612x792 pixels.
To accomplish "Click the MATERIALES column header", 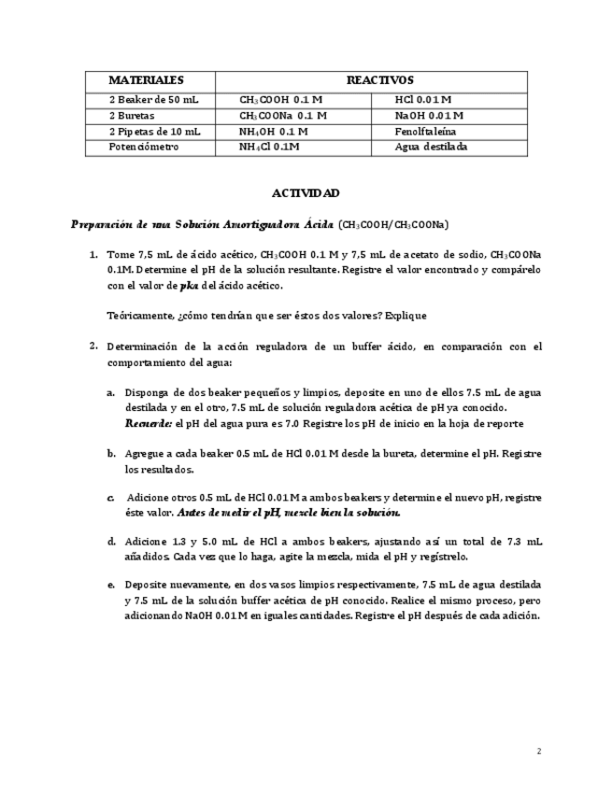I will (146, 80).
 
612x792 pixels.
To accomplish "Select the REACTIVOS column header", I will (379, 80).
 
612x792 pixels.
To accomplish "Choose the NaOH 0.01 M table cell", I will (429, 115).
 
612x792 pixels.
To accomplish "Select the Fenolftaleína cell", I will (423, 131).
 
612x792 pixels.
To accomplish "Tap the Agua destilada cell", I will (431, 147).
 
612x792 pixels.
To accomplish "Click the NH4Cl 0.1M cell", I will (269, 147).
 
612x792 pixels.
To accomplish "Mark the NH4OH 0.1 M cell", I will (273, 131).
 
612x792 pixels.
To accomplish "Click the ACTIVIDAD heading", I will (306, 193).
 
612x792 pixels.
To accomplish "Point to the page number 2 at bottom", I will (539, 751).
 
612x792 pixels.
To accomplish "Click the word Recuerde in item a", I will (147, 423).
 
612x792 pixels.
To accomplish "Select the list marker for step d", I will (111, 541).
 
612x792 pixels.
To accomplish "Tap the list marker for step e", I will (111, 584).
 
